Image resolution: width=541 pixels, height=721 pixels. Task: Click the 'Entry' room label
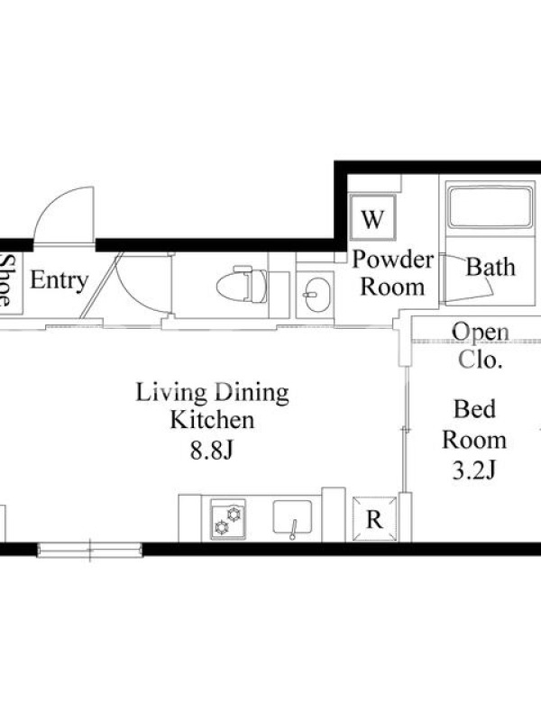pos(59,280)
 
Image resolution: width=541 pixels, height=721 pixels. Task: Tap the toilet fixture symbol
pos(243,284)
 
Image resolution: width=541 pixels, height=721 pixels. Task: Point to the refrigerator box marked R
pos(374,519)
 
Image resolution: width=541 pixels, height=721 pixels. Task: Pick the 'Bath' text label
pos(491,267)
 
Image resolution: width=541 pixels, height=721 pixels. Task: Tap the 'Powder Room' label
pos(392,273)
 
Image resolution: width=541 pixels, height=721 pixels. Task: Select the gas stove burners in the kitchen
pos(228,520)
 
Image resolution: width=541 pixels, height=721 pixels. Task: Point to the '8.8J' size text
pos(212,452)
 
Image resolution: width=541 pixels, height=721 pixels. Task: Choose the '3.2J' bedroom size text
pos(474,470)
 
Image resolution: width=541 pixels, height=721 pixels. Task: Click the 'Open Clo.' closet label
pos(481,346)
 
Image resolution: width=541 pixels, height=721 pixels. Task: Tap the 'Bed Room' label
pos(474,424)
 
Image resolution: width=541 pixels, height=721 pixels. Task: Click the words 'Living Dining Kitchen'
pos(212,406)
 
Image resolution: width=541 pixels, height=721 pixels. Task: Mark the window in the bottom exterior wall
pos(90,550)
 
